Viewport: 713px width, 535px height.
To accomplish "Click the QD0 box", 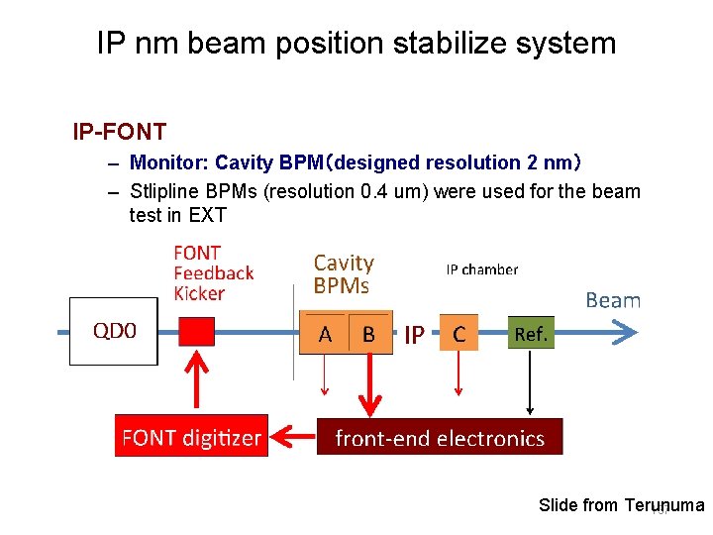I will [x=114, y=331].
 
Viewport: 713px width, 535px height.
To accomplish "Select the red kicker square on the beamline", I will [x=196, y=332].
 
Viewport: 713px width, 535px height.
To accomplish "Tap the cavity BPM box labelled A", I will [x=325, y=334].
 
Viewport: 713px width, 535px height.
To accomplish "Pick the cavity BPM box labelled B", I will [x=368, y=334].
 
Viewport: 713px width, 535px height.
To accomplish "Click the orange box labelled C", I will [x=458, y=334].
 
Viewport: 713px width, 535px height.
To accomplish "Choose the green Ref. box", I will [x=531, y=334].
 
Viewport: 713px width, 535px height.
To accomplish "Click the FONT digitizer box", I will [x=191, y=437].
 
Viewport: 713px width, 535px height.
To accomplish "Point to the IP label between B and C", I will [x=414, y=336].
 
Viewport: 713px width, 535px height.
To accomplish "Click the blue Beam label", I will [x=613, y=300].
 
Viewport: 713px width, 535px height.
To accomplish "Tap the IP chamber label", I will [x=481, y=269].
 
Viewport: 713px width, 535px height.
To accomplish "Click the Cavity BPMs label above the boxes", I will [x=344, y=274].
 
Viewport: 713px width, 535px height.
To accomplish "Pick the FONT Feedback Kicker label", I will [x=213, y=273].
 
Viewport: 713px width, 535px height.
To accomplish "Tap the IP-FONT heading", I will [x=119, y=131].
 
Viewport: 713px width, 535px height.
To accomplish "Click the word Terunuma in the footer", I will [x=664, y=506].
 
